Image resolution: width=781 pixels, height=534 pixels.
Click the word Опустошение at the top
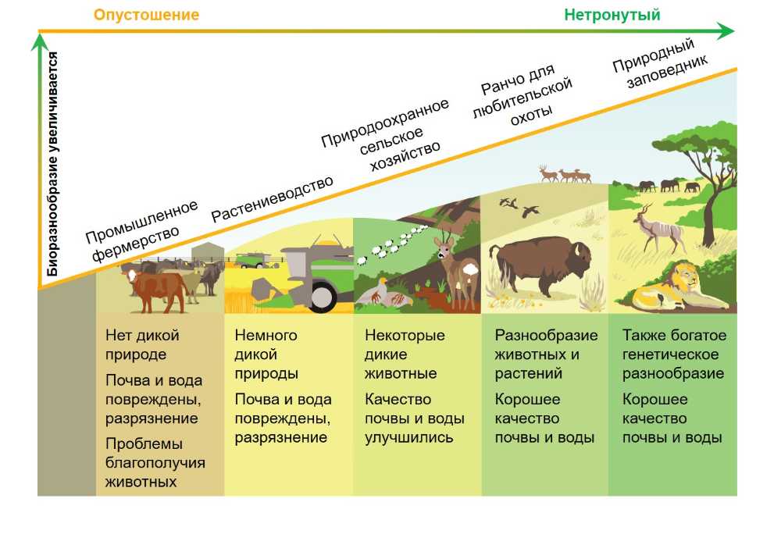point(147,14)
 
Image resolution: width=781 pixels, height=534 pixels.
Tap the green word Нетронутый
point(612,15)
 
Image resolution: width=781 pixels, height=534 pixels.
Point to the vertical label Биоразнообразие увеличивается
point(52,164)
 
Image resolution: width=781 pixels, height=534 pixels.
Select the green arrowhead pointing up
point(39,41)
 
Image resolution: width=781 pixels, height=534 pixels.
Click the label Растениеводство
point(272,198)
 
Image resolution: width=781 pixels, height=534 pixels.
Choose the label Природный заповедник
point(659,63)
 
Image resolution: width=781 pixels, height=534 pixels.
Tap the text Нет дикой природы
point(142,344)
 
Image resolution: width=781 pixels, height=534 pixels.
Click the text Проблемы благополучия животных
point(155,462)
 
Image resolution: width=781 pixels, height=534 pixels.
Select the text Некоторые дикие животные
point(405,354)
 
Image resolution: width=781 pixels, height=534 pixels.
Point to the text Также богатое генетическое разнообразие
point(674,354)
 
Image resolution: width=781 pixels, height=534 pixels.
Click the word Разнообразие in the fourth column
point(546,335)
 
